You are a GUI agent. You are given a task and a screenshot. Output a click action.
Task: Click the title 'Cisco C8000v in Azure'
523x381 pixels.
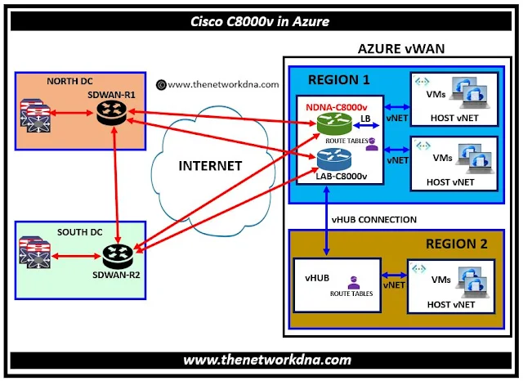pyautogui.click(x=261, y=21)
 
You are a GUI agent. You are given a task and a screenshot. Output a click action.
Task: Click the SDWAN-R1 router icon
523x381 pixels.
pyautogui.click(x=107, y=115)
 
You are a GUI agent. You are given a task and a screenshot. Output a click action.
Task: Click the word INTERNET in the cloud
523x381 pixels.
pyautogui.click(x=210, y=166)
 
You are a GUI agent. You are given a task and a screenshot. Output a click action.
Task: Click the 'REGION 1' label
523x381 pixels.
pyautogui.click(x=340, y=80)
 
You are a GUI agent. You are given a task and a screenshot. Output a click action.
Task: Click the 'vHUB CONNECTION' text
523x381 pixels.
pyautogui.click(x=373, y=219)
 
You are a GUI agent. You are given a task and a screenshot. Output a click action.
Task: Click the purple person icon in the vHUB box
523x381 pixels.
pyautogui.click(x=351, y=280)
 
